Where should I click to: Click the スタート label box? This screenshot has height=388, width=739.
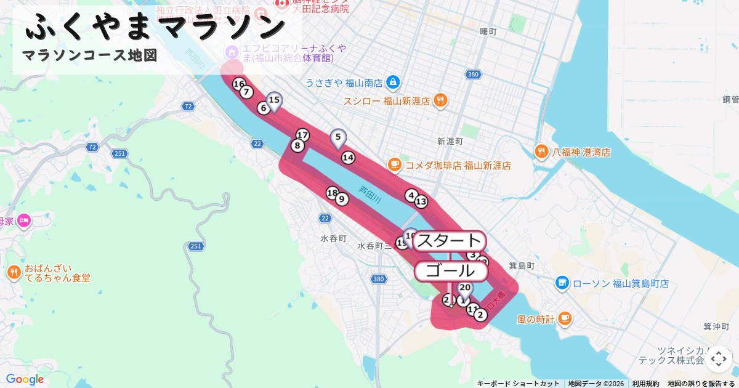click(x=449, y=241)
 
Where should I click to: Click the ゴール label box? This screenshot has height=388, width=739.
click(x=451, y=270)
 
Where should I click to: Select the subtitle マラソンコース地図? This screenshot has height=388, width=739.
click(x=90, y=55)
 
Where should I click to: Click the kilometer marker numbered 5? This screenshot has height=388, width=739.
click(x=337, y=137)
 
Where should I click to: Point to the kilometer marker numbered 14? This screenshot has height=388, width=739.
click(x=348, y=158)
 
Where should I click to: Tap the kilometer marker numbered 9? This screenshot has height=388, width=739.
click(x=342, y=199)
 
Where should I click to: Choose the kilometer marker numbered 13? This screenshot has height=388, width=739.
click(x=421, y=201)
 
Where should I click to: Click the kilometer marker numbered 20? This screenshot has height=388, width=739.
click(x=465, y=288)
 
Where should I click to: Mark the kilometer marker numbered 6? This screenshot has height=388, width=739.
click(x=264, y=108)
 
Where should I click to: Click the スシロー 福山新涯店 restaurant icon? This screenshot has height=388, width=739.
click(x=440, y=100)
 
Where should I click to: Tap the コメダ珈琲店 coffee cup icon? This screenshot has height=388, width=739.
click(x=394, y=165)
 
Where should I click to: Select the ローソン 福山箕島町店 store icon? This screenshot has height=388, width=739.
click(x=562, y=283)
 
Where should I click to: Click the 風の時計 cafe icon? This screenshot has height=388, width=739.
click(x=565, y=319)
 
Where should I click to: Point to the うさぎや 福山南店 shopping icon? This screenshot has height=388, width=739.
click(x=394, y=82)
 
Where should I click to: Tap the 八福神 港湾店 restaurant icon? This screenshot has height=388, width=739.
click(x=541, y=152)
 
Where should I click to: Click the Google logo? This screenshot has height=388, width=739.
click(x=25, y=379)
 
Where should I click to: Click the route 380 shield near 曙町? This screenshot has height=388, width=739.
click(x=473, y=75)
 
